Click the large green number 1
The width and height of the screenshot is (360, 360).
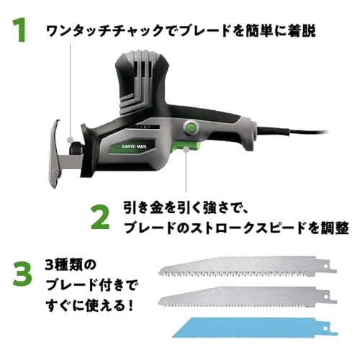point(19,31)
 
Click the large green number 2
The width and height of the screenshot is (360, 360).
point(101,215)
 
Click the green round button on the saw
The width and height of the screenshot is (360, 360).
point(191,128)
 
